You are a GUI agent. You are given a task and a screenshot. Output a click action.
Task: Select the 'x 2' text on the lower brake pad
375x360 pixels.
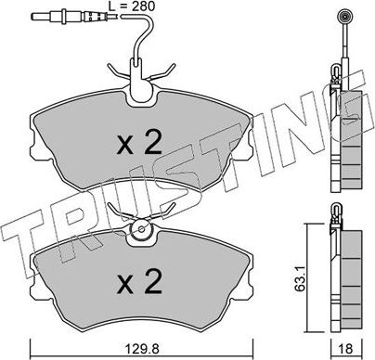(140, 285)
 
